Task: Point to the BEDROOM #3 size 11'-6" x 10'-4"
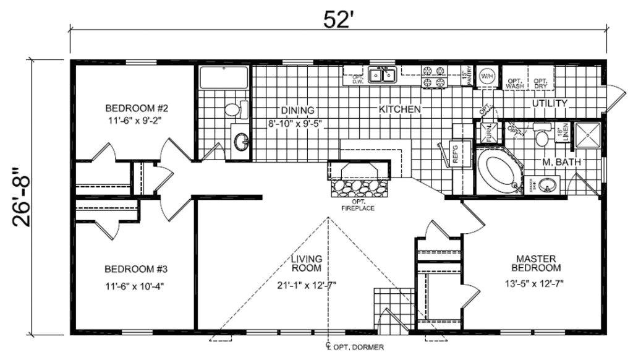[134, 286]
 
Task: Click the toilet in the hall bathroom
[233, 110]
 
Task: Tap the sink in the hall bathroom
[240, 142]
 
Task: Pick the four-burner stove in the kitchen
[433, 76]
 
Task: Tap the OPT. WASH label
[514, 84]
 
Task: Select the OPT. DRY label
[540, 84]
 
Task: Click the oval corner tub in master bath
[501, 171]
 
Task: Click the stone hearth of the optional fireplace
[361, 186]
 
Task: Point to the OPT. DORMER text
[360, 348]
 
